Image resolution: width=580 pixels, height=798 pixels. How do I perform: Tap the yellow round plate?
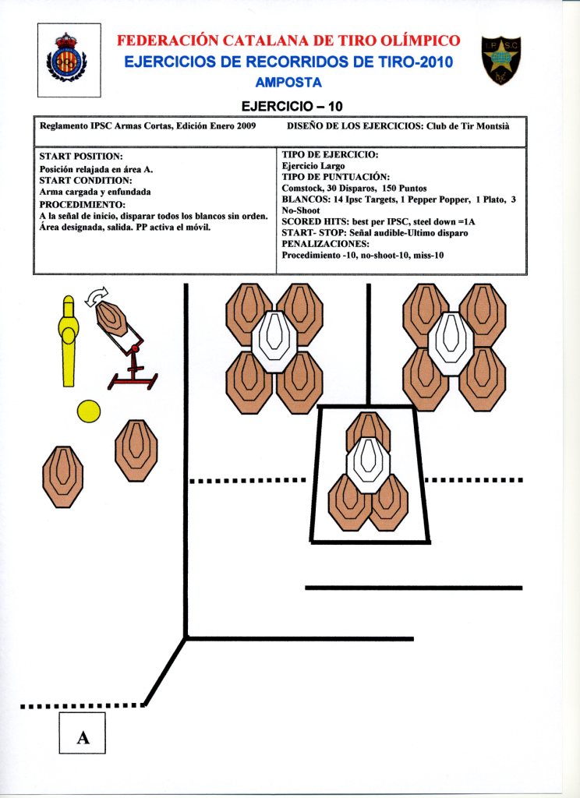pos(89,411)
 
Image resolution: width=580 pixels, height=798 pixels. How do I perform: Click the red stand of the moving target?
pos(134,373)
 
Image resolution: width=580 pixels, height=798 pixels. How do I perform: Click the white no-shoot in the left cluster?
pos(274,341)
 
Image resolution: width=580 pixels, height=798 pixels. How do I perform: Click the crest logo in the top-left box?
pos(69,59)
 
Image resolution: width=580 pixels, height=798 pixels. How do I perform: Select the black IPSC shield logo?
pos(501,60)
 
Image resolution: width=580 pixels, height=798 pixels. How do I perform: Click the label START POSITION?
pos(81,157)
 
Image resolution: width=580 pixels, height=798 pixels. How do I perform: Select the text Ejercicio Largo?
pos(313,166)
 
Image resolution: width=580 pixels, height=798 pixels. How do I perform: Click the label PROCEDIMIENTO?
pos(82,205)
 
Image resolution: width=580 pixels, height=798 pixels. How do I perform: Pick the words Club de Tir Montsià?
pos(467,125)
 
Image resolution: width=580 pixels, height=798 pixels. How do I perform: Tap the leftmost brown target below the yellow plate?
pos(63,470)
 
